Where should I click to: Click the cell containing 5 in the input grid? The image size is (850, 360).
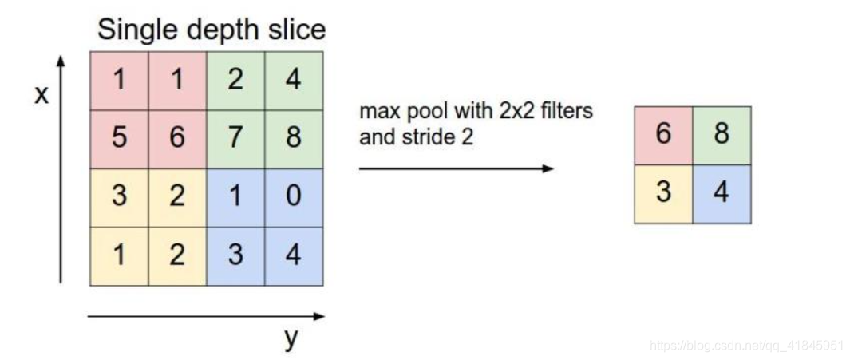click(119, 138)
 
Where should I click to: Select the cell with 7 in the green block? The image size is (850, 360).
click(235, 138)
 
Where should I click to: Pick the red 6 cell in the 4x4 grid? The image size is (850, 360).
click(177, 138)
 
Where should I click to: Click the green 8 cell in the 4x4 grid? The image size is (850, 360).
click(294, 138)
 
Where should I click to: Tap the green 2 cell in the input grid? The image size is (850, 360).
click(235, 81)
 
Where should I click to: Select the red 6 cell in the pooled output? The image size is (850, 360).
click(663, 135)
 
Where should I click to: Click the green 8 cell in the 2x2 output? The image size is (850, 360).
click(722, 135)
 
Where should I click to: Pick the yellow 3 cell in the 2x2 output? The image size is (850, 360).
click(663, 194)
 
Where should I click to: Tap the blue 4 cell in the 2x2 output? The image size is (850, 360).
click(722, 194)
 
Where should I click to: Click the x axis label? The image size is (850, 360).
click(41, 96)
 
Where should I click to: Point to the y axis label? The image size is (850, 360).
click(291, 338)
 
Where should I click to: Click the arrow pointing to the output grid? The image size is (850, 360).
click(456, 168)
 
